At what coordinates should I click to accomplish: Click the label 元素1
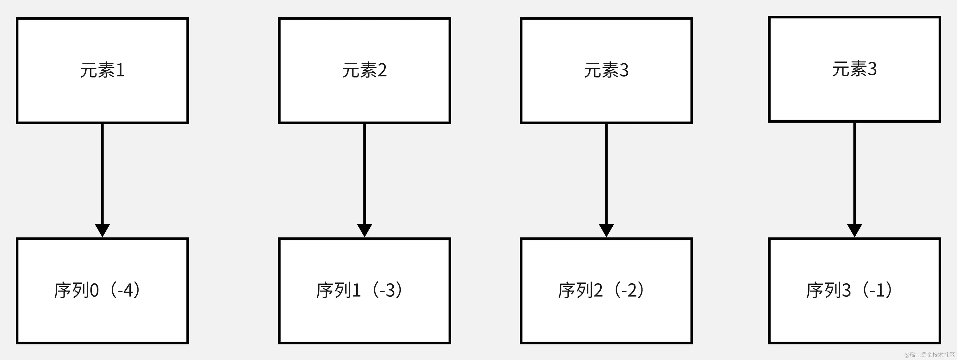102,70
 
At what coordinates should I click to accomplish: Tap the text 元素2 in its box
365,70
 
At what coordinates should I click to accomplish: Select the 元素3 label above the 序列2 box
606,70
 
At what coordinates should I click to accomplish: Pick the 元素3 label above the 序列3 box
854,69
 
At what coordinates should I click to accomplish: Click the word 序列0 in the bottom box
77,290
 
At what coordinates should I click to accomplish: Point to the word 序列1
338,290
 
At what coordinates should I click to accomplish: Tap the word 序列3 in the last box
829,290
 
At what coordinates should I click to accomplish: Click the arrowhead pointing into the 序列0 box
102,230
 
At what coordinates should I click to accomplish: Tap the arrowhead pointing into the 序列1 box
365,230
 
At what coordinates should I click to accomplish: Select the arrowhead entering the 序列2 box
606,230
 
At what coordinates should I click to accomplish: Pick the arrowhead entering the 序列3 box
854,230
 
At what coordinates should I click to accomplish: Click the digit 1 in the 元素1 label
120,70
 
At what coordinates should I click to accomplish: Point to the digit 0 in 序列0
94,290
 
